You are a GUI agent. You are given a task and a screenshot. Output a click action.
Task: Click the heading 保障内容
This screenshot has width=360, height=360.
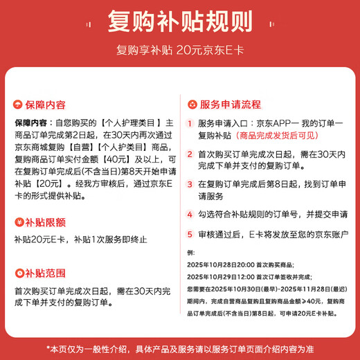[45, 105]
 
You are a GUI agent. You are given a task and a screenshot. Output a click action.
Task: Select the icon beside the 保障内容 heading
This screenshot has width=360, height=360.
[19, 105]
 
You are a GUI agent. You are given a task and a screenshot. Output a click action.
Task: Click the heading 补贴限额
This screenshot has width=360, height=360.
[45, 223]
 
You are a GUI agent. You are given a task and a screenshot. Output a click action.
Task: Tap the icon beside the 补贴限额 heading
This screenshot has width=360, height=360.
[19, 223]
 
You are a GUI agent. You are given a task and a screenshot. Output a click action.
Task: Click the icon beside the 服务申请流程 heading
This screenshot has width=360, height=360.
[193, 105]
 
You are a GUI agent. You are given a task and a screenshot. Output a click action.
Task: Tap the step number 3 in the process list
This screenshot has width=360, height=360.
[190, 185]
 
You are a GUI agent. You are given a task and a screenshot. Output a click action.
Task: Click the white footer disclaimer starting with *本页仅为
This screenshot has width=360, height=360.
[179, 347]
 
